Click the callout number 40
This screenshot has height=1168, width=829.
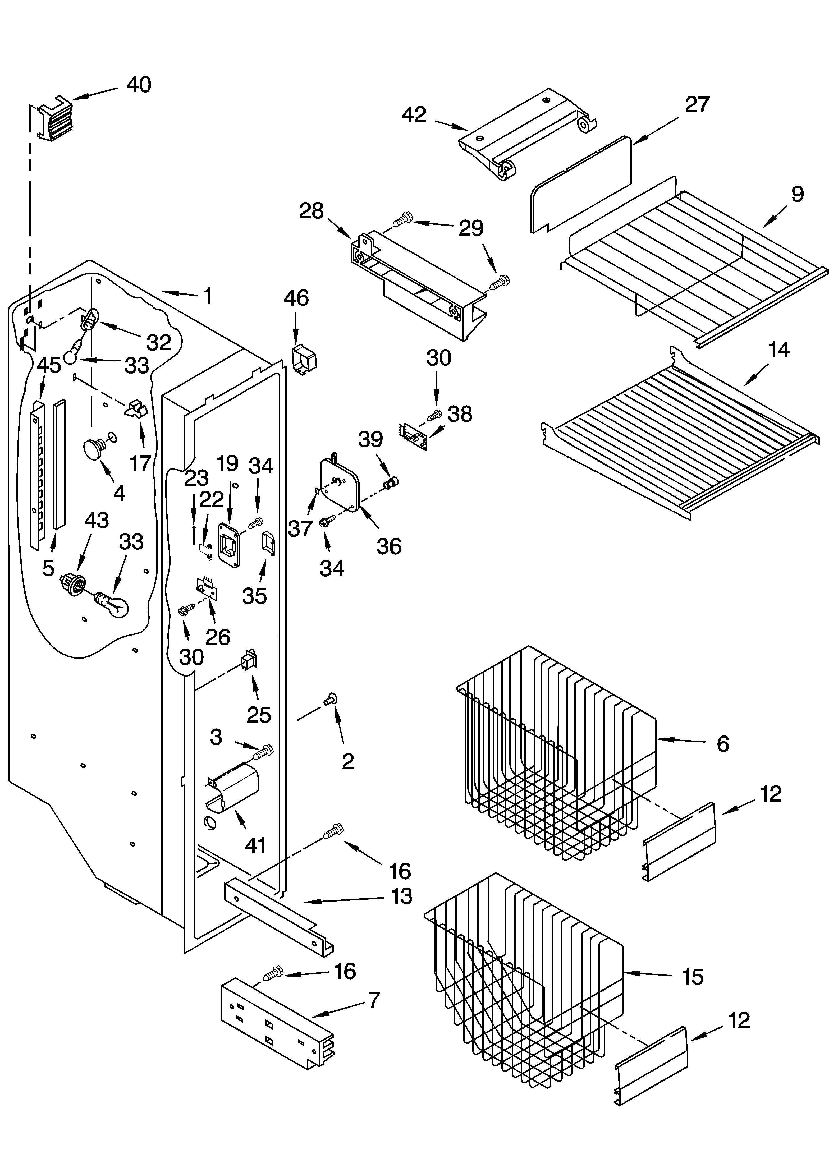(139, 85)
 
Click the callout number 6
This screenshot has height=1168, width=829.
(723, 744)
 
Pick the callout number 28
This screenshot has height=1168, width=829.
(312, 211)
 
